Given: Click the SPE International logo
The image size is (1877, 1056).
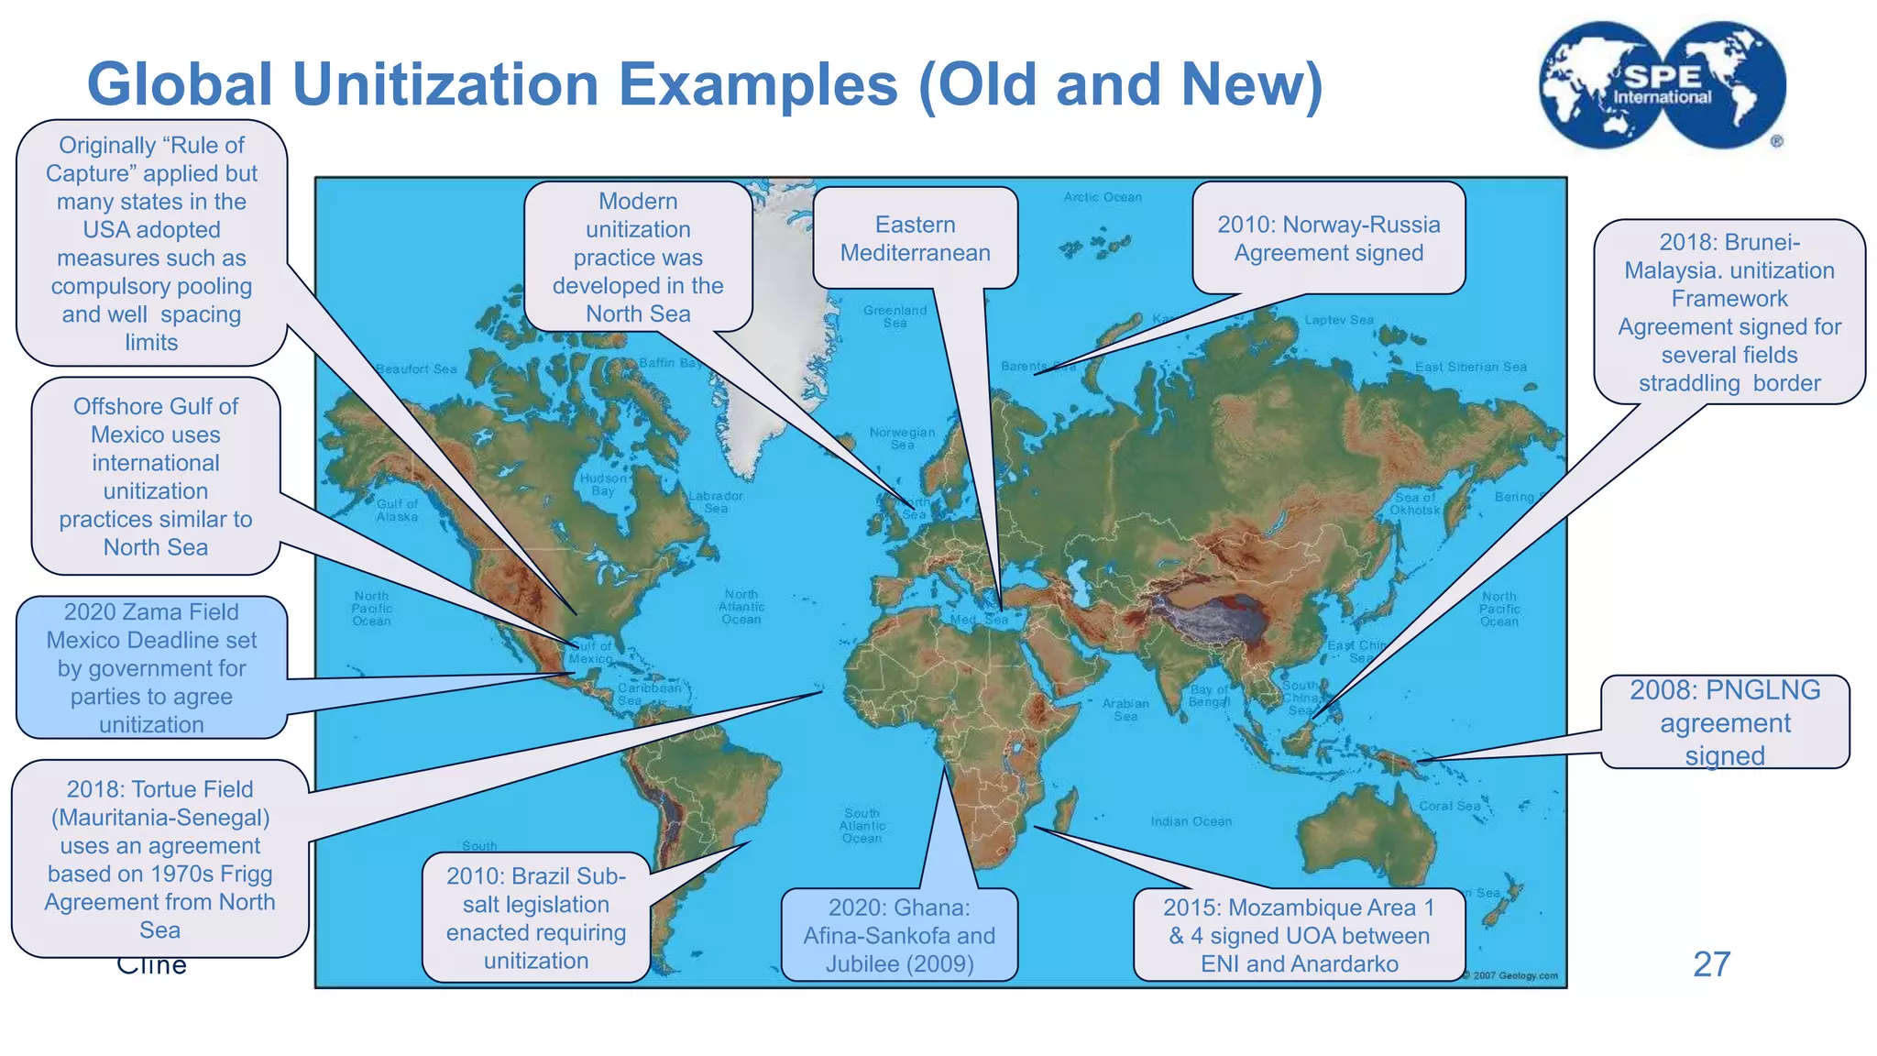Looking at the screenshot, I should tap(1662, 85).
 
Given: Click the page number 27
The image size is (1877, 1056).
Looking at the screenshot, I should tap(1711, 964).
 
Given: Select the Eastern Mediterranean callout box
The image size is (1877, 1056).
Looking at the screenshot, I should tap(915, 238).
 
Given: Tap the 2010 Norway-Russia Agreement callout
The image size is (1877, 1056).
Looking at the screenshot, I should tap(1328, 238).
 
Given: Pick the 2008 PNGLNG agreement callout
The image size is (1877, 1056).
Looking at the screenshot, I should tap(1724, 722).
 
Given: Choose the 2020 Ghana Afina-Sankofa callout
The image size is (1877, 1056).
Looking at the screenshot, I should tap(899, 935).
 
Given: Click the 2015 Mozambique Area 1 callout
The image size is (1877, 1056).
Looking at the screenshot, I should tap(1299, 935).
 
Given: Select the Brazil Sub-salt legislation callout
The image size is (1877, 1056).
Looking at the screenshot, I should tap(536, 918).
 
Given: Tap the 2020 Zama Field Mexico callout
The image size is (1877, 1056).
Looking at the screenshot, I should tap(152, 667).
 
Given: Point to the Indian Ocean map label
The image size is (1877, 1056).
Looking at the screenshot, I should tap(1191, 821).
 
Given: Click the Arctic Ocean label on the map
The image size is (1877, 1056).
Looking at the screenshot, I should tap(1103, 197).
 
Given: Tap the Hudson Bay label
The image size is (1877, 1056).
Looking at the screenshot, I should tap(603, 484).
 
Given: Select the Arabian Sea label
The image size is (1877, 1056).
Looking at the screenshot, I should tap(1125, 709).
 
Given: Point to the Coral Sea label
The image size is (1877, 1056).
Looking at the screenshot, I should tap(1448, 806).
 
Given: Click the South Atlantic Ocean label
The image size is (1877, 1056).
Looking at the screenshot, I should tap(862, 825).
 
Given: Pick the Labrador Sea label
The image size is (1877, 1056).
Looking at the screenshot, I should tap(716, 501).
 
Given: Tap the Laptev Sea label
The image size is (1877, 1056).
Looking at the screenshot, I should tap(1339, 320).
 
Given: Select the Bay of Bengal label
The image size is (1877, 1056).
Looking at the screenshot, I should tap(1209, 695).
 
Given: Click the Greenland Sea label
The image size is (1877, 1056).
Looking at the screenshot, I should tap(895, 316).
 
